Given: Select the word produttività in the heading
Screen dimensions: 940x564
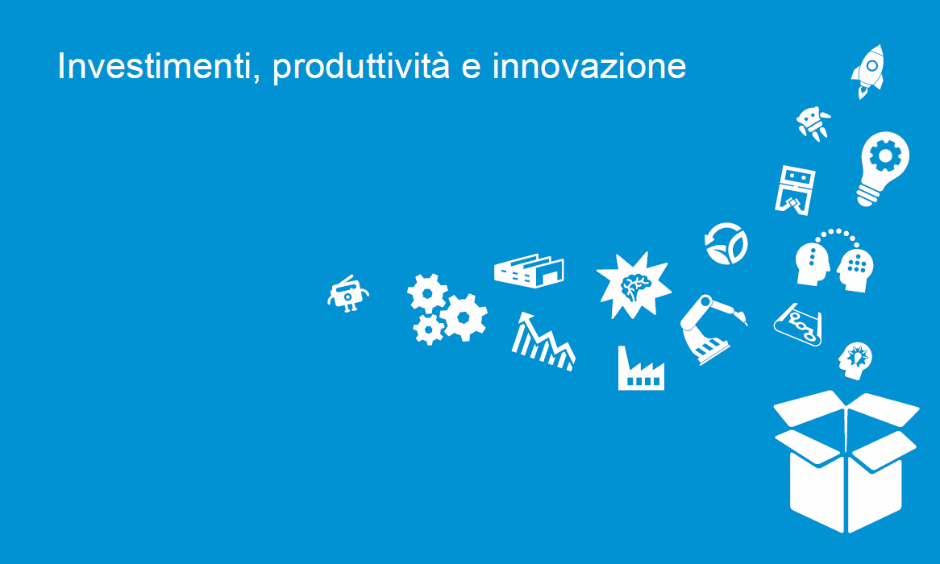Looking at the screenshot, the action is [361, 67].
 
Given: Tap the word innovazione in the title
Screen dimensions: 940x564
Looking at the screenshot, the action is [589, 66].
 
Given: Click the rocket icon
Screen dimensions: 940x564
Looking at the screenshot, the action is [868, 71].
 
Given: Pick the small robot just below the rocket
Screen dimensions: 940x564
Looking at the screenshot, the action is [813, 123].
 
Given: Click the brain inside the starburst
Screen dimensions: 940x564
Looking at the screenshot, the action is [635, 287].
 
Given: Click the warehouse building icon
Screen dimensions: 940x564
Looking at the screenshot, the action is [529, 270].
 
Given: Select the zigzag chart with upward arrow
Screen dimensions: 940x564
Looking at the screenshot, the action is [543, 341].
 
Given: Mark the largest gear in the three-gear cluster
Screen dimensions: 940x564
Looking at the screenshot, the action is [464, 317].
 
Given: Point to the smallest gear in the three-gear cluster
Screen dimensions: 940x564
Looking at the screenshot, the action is [429, 329].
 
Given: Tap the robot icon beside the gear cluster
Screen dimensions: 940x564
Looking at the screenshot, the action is [347, 294].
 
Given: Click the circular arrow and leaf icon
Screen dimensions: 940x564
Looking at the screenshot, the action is [726, 244].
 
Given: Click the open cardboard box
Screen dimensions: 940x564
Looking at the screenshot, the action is [846, 461].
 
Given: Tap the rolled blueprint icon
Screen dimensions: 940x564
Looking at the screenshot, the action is [798, 324].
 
